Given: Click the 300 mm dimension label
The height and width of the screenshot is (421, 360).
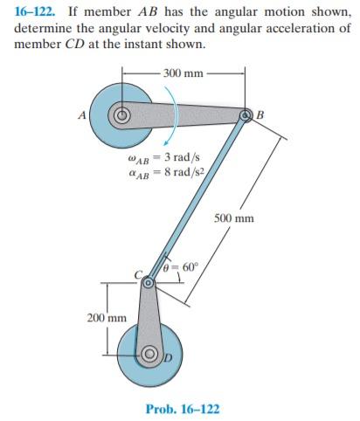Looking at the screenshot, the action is click(183, 73).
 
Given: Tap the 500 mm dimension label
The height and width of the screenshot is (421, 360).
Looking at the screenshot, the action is click(234, 218).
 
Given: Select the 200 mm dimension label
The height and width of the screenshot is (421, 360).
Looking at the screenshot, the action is click(107, 318).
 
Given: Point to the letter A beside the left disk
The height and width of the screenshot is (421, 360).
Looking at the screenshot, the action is click(82, 115).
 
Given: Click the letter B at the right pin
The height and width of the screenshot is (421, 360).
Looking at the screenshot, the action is click(260, 115).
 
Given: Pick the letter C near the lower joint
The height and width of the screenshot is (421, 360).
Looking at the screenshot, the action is click(138, 274).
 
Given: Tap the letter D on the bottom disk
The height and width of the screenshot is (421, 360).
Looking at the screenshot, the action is click(169, 357).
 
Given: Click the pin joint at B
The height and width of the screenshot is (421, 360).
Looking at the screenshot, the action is click(246, 115).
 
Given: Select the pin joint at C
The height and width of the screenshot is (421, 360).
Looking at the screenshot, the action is click(148, 282).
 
